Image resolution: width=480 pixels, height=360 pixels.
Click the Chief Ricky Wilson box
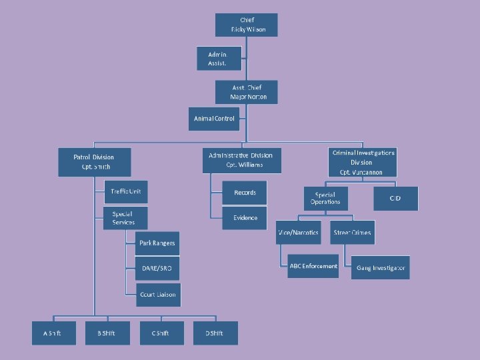pos(246,25)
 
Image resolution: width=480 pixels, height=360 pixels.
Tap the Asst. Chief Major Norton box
pos(246,92)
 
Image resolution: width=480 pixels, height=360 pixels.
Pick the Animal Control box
pos(214,119)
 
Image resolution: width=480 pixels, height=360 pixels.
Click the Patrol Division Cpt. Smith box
pos(94,162)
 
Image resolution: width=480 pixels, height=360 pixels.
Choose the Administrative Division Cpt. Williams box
pos(241,160)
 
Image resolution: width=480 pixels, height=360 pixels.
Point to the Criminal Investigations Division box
pos(363,162)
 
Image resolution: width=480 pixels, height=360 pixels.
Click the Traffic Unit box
pos(126,192)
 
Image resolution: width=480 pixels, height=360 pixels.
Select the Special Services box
pos(125,218)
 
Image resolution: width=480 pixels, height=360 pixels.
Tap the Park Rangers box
pos(157,243)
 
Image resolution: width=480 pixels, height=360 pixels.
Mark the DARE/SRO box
pos(157,268)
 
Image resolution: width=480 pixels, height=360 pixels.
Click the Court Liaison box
pos(157,294)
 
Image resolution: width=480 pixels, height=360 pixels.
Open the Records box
pos(245,193)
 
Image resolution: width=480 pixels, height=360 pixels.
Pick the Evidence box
pos(245,218)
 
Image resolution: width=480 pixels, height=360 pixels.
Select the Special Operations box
pos(325,199)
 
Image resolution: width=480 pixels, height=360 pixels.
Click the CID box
pos(396,199)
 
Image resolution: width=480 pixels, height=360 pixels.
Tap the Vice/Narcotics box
pos(298,233)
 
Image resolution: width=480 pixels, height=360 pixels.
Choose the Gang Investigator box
pos(379,267)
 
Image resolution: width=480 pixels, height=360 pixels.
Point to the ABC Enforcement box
pos(313,267)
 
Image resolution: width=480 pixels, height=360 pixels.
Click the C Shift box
pos(161,333)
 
